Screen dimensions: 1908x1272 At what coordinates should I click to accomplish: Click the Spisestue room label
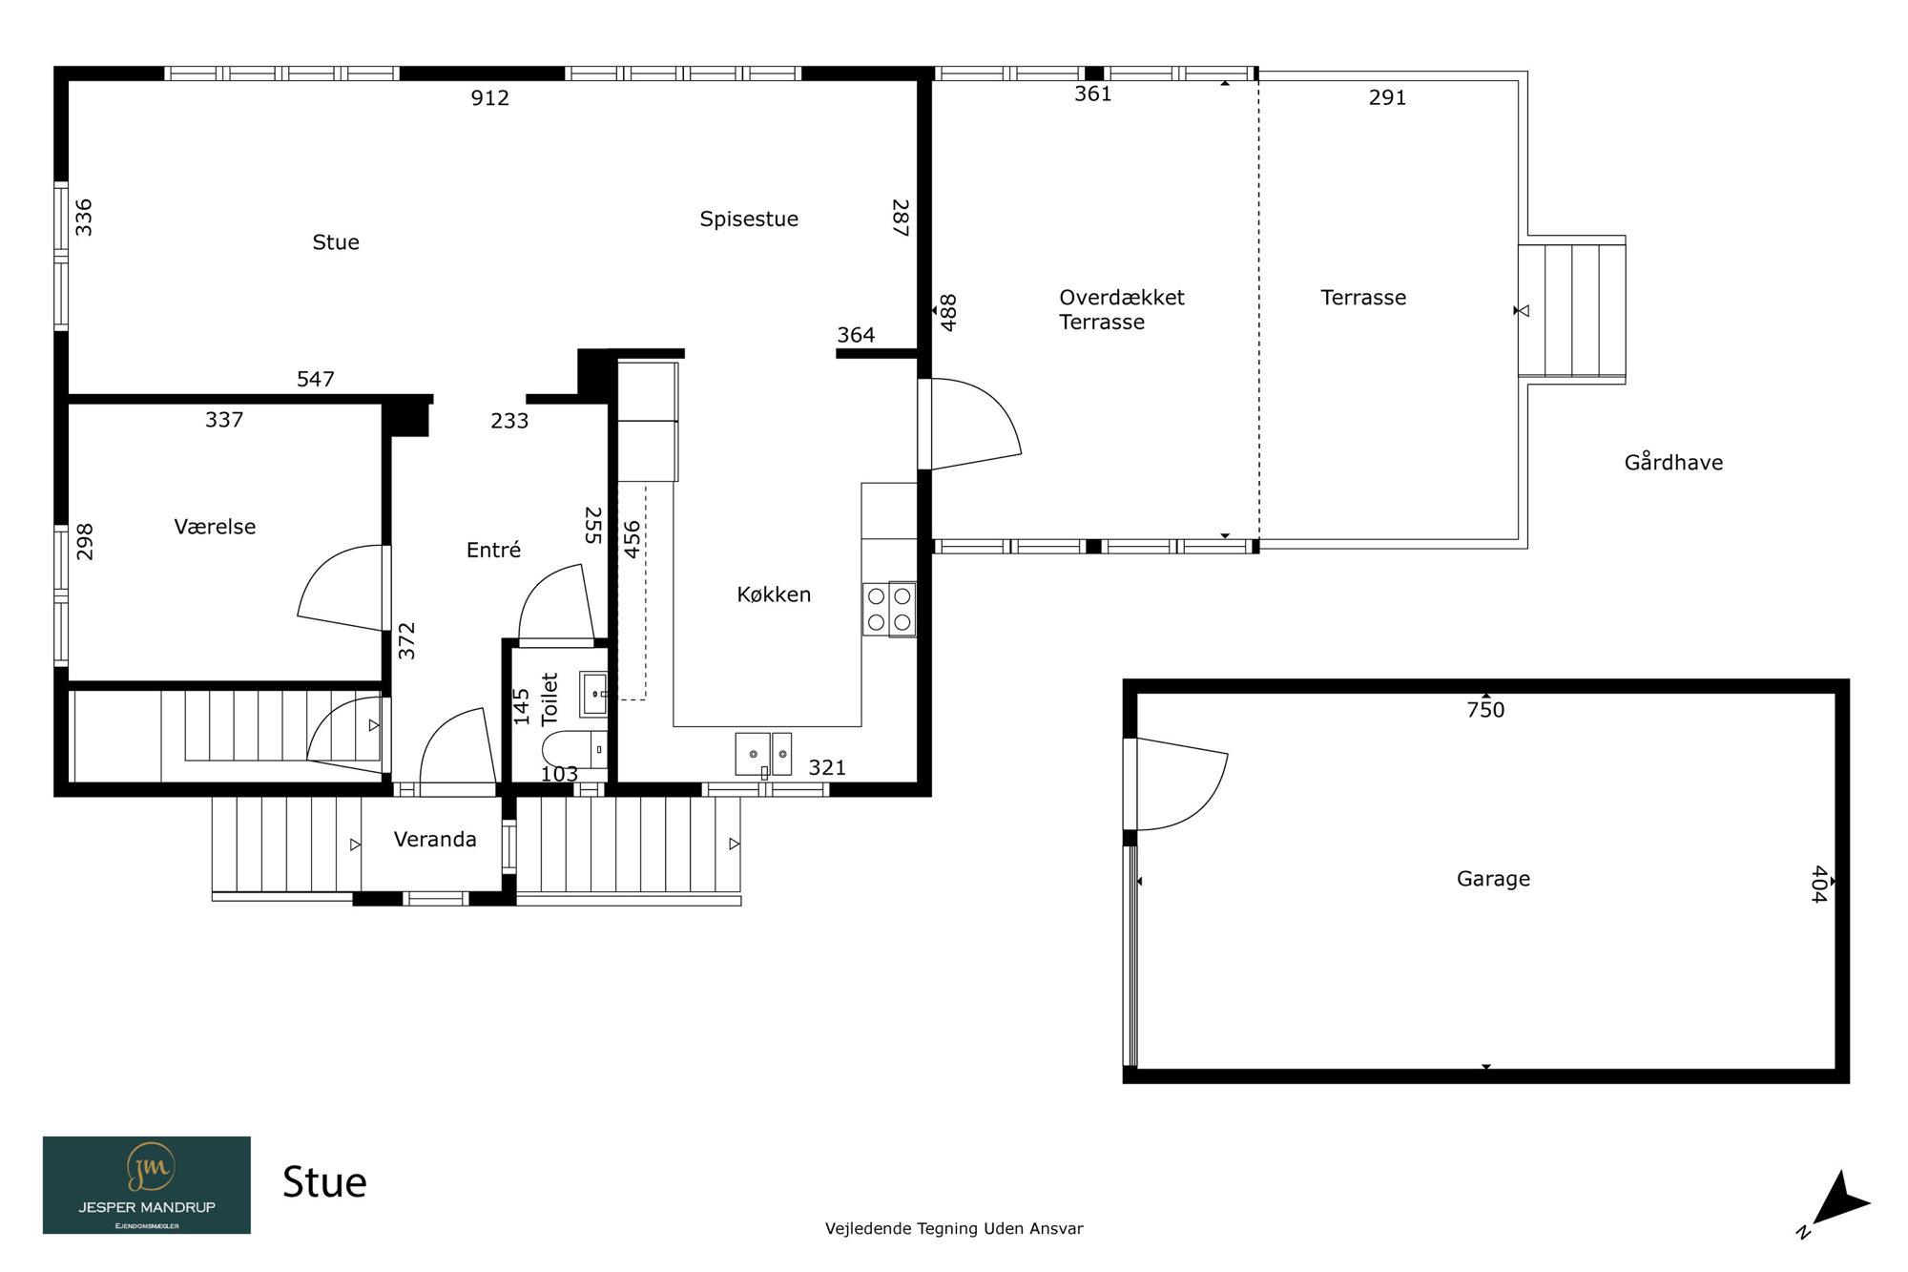[749, 219]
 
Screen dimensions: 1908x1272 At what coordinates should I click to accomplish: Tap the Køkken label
[774, 594]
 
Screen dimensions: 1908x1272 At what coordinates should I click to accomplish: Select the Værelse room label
[215, 527]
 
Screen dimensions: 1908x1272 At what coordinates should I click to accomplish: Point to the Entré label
[493, 550]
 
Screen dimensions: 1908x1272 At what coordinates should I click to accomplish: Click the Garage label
[1493, 879]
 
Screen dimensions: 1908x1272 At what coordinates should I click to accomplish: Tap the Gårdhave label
[1673, 462]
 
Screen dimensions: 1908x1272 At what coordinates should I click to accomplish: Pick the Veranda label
[435, 840]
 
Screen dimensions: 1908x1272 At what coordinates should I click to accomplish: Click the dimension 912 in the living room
[489, 97]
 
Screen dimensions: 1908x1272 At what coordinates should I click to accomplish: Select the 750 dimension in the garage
[1485, 710]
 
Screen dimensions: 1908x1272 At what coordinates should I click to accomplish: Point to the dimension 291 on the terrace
[1387, 97]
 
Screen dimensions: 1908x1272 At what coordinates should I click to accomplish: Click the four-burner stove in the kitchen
[889, 609]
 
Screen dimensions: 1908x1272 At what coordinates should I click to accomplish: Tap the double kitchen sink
[763, 754]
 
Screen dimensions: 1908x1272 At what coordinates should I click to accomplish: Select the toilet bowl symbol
[574, 749]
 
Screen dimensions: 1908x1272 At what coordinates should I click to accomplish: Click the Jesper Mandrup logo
[147, 1185]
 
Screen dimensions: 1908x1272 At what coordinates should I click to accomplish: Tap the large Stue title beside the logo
[324, 1182]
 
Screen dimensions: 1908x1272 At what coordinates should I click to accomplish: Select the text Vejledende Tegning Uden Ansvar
[954, 1229]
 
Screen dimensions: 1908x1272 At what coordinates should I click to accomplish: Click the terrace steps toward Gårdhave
[1572, 310]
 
